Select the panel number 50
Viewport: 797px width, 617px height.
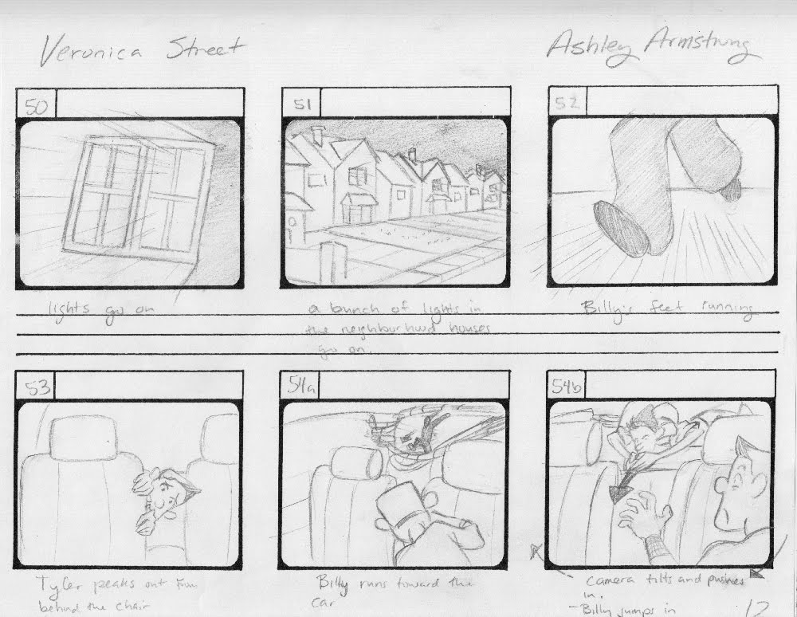[36, 105]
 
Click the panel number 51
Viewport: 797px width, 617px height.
[300, 104]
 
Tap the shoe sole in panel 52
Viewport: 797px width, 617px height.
[620, 226]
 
